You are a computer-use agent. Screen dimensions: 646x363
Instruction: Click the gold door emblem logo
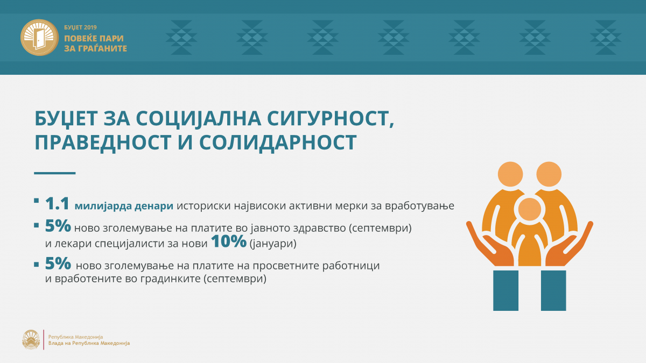click(x=39, y=38)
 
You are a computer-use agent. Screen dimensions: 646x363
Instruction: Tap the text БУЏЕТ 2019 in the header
click(x=80, y=27)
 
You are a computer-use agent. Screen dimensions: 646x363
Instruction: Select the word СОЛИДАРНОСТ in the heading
click(x=278, y=143)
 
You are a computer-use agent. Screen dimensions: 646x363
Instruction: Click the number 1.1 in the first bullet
click(x=57, y=203)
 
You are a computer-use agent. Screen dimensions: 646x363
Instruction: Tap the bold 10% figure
click(x=229, y=241)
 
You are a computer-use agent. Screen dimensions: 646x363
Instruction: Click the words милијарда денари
click(x=124, y=206)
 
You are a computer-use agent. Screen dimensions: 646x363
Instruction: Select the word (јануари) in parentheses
click(x=273, y=244)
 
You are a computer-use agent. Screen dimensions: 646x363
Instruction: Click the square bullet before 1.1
click(x=37, y=201)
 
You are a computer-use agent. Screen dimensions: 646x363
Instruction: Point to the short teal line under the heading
click(x=55, y=173)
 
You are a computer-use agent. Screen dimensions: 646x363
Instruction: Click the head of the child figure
click(x=530, y=209)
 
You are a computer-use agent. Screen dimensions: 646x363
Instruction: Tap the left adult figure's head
click(x=510, y=174)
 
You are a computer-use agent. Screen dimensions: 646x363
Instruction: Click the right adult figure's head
click(x=549, y=174)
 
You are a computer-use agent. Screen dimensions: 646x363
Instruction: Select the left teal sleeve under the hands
click(x=505, y=290)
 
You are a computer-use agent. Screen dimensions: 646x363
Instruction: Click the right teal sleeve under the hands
click(x=553, y=290)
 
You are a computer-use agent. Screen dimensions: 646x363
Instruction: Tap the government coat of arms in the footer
click(x=31, y=340)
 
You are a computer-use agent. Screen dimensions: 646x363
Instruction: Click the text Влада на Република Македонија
click(x=89, y=343)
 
